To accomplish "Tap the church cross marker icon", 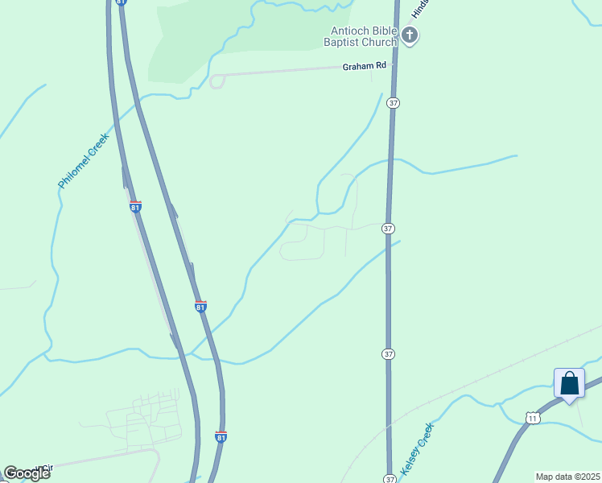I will coord(410,35).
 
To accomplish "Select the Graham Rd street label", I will coord(364,66).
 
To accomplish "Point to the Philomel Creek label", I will coord(83,162).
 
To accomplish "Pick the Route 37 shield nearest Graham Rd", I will coord(393,103).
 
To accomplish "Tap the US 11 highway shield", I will coord(532,417).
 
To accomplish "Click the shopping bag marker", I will coord(569,383).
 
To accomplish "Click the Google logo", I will coord(26,473).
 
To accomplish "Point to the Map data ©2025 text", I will coord(567,477).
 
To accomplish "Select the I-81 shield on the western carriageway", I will coord(135,207).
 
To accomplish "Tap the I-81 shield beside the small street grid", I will coord(221,436).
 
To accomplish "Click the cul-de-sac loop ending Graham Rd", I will coord(216,81).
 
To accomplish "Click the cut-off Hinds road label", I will coord(418,8).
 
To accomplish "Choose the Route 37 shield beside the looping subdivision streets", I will coord(389,229).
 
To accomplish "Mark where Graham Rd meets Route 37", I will coord(394,66).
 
